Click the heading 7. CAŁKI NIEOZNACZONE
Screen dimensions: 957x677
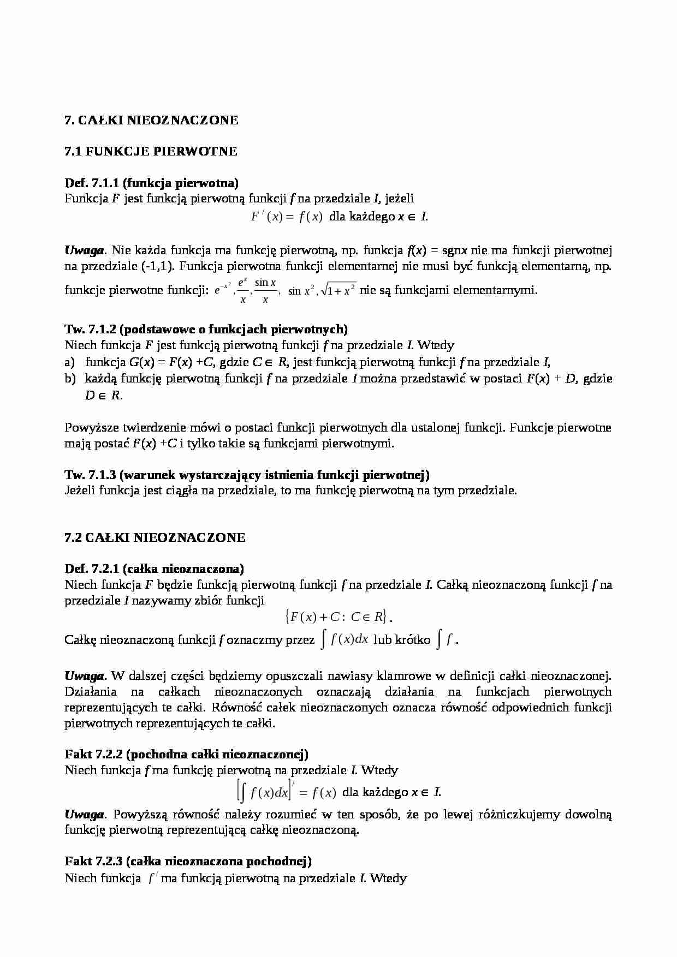pos(151,120)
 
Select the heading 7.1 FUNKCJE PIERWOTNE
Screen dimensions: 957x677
pos(151,151)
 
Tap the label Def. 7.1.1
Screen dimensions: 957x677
pos(91,183)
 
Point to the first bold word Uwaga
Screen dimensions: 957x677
pos(84,250)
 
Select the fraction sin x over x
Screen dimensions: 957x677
pos(265,290)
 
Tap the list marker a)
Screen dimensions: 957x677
pos(69,362)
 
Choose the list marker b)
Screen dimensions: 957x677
pos(69,379)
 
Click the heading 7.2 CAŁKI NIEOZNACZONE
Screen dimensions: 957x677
pos(155,537)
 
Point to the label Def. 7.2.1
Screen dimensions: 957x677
pos(91,569)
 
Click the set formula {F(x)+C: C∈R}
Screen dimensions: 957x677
pos(337,617)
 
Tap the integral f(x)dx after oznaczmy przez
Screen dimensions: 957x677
pos(344,639)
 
